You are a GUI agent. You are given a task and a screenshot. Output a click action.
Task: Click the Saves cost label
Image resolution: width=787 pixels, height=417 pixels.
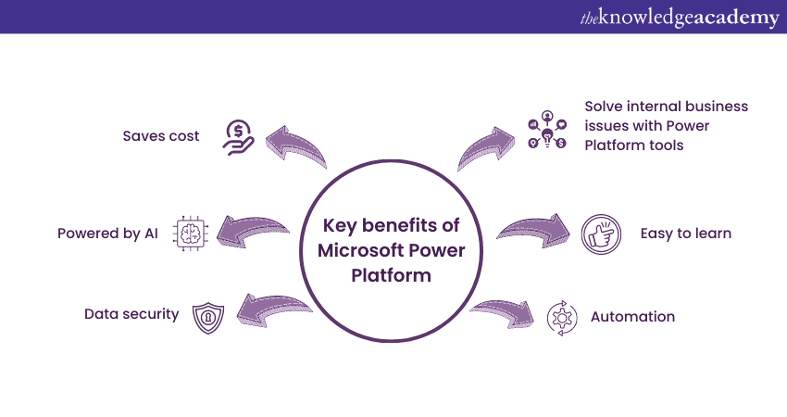click(161, 136)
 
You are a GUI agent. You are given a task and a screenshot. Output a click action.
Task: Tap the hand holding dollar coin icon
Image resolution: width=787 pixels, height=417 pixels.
click(238, 137)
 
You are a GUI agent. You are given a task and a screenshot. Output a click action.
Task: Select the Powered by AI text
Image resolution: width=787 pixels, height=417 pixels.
click(107, 234)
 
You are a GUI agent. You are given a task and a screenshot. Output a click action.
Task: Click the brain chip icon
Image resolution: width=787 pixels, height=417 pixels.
click(190, 234)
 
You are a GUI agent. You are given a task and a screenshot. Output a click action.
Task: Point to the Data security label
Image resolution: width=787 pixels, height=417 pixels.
click(131, 314)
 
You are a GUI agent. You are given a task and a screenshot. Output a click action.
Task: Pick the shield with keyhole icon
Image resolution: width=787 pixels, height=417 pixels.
click(208, 318)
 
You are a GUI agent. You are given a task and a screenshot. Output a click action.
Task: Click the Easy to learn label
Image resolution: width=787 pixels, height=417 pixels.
click(685, 234)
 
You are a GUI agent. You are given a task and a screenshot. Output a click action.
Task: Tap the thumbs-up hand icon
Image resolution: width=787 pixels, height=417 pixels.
click(601, 234)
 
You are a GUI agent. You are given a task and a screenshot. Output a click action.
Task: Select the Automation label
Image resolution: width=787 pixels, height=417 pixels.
click(632, 317)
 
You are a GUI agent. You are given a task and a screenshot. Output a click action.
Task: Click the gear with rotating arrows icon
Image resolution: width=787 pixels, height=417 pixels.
click(562, 318)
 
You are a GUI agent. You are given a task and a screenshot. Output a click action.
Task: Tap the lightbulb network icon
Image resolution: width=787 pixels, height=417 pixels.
click(547, 130)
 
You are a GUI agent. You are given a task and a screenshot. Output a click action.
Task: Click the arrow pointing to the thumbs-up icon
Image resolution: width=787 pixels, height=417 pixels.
click(535, 230)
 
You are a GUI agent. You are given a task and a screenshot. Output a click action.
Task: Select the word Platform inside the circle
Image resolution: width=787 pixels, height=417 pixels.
click(391, 275)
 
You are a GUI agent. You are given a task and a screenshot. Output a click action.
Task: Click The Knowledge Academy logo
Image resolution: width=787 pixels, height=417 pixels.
click(680, 18)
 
